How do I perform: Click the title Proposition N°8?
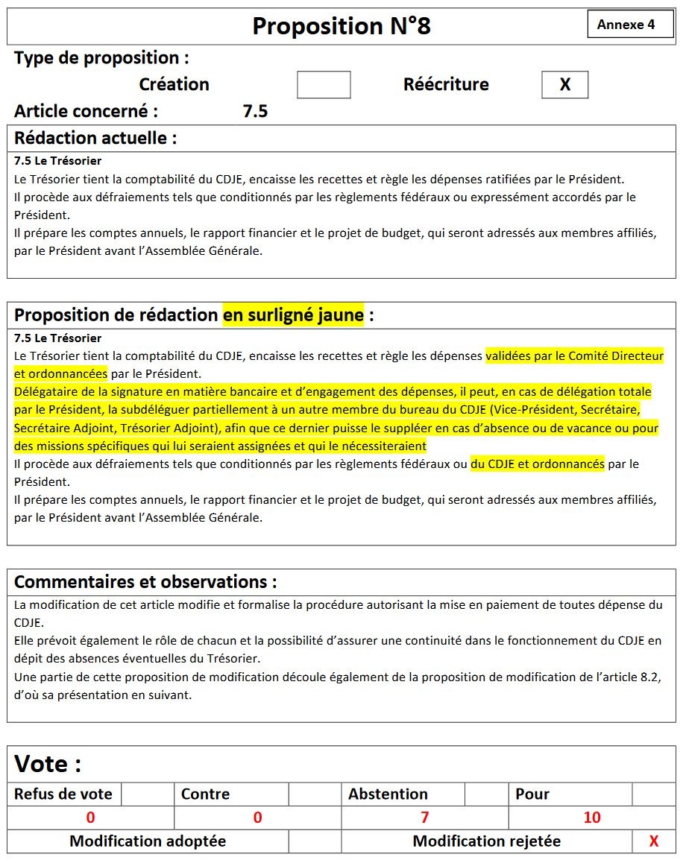[x=342, y=27]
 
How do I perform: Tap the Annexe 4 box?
[x=626, y=25]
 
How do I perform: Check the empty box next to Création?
[x=324, y=85]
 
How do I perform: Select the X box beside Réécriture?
[x=564, y=85]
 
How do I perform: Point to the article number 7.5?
[x=255, y=112]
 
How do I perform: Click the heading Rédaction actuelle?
[x=95, y=138]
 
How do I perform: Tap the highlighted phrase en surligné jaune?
[x=293, y=315]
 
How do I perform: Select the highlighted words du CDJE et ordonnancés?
[x=538, y=464]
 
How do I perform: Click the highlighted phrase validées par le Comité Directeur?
[x=574, y=356]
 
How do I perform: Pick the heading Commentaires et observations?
[x=145, y=581]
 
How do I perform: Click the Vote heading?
[x=48, y=764]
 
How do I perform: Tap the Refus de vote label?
[x=63, y=794]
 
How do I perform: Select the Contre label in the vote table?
[x=205, y=794]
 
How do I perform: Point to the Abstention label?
[x=388, y=794]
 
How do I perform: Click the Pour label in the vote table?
[x=532, y=794]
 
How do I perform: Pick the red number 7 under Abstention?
[x=425, y=818]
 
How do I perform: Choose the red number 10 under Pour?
[x=592, y=818]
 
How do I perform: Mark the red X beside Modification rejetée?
[x=654, y=841]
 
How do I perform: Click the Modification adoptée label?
[x=148, y=841]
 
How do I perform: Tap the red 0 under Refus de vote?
[x=90, y=818]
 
